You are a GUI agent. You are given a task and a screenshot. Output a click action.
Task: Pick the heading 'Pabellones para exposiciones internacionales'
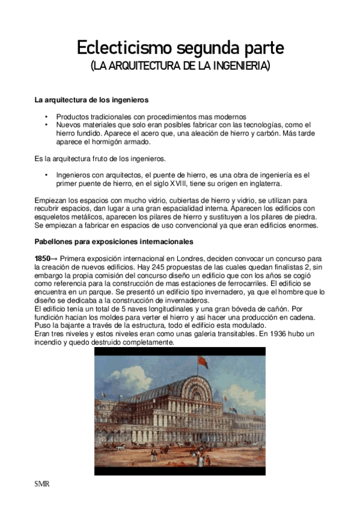[114, 242]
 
